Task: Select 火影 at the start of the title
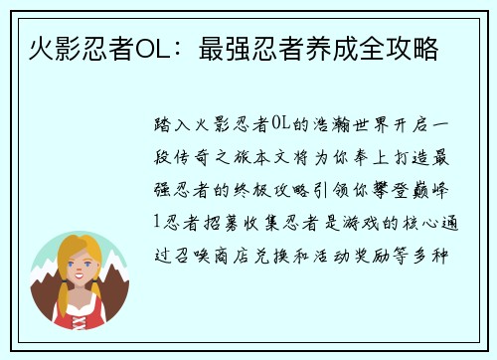point(44,47)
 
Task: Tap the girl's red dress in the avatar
point(81,307)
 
